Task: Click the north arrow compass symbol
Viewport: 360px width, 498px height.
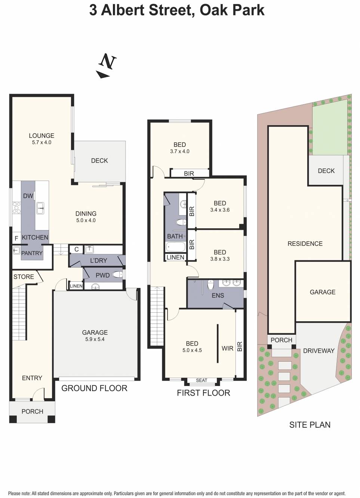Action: click(x=107, y=66)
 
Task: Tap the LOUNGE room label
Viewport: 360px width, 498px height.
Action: click(x=41, y=136)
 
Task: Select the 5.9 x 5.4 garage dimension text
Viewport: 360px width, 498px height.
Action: click(x=95, y=339)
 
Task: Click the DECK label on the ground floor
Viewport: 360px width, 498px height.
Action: click(x=99, y=161)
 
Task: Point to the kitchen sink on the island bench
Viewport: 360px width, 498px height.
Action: click(x=40, y=208)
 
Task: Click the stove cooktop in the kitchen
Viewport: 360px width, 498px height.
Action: click(x=16, y=208)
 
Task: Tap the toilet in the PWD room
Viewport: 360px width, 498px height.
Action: click(x=117, y=275)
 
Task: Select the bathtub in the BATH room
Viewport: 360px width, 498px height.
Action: click(x=175, y=247)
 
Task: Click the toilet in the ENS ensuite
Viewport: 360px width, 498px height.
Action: click(x=210, y=285)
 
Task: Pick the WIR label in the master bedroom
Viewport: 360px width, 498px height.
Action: click(x=227, y=348)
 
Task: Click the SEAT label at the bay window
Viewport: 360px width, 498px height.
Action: click(x=201, y=380)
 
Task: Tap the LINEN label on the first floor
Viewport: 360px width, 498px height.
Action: click(x=175, y=257)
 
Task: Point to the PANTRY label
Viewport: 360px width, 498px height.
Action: click(x=32, y=253)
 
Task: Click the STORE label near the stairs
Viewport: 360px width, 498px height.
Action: click(x=24, y=277)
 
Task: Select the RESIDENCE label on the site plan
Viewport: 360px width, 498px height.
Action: click(x=305, y=244)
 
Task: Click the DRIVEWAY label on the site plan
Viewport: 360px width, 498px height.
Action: click(x=319, y=351)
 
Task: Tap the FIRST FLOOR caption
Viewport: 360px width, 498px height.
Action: click(x=203, y=393)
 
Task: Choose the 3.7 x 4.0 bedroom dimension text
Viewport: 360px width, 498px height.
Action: click(x=179, y=151)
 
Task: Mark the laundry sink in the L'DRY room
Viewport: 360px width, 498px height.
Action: click(x=89, y=250)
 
